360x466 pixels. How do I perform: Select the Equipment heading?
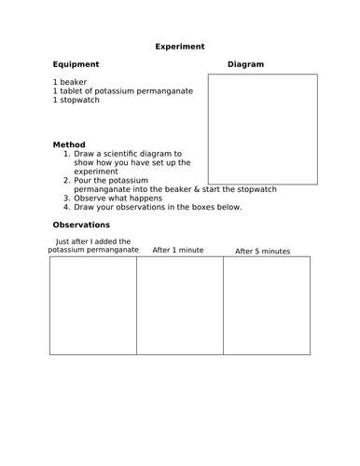[x=76, y=64]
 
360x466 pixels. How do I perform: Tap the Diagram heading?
[x=245, y=64]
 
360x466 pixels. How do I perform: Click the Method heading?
[x=69, y=144]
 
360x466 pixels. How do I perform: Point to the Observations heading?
[x=81, y=225]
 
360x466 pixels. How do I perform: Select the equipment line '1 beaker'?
[x=70, y=82]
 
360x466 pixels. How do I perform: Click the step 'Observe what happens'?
[x=119, y=199]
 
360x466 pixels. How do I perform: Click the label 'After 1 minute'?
[x=178, y=250]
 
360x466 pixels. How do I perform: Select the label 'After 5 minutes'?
[x=262, y=251]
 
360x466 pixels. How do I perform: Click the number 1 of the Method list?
[x=65, y=154]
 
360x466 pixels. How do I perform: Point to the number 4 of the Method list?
[x=65, y=207]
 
